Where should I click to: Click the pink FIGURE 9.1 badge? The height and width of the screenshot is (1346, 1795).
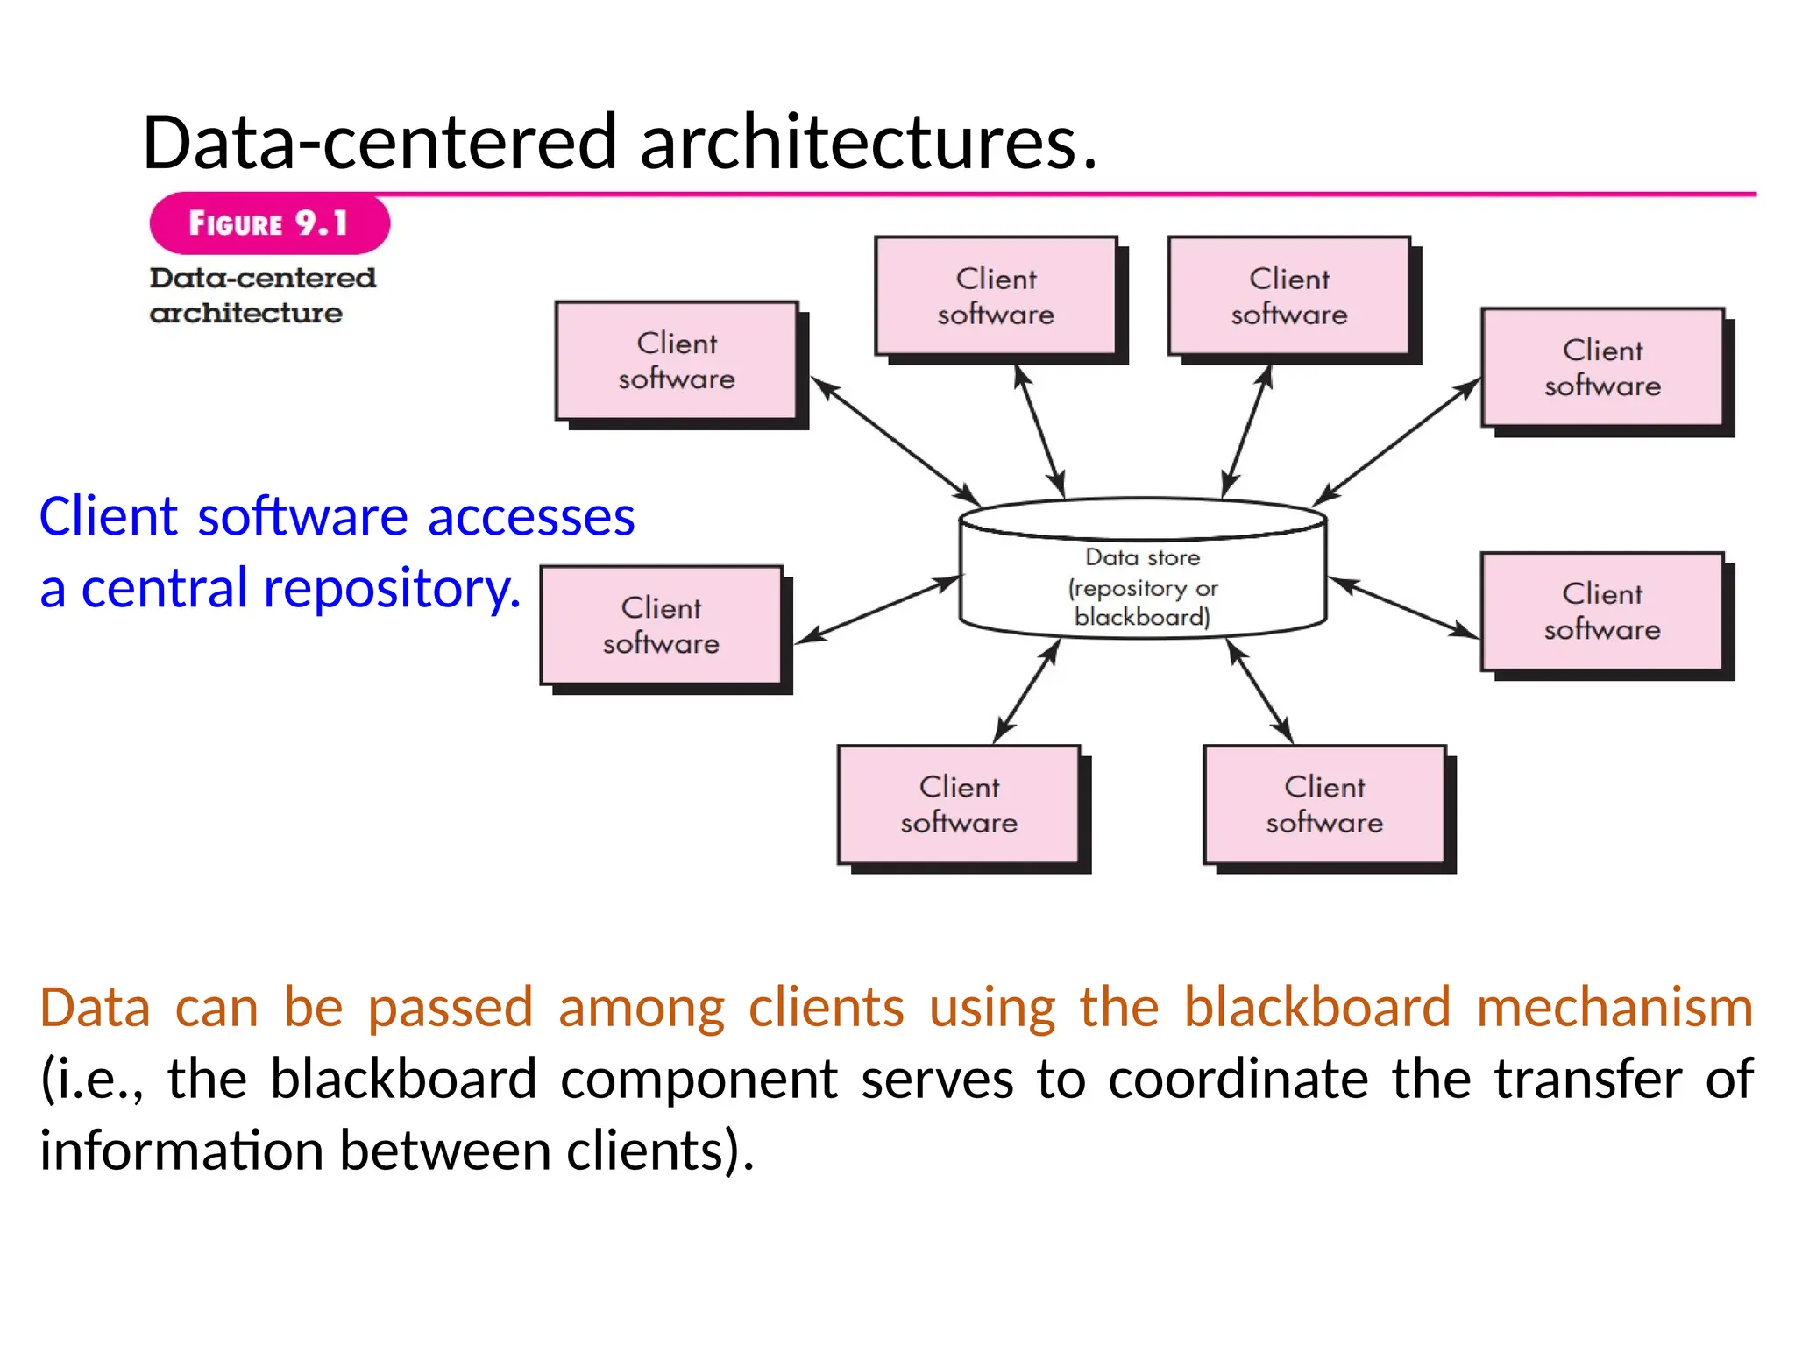(269, 223)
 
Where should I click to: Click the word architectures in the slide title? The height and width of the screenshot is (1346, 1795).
(868, 143)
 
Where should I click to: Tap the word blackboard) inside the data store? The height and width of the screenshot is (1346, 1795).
(1142, 617)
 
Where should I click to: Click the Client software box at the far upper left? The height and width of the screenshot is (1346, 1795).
(677, 361)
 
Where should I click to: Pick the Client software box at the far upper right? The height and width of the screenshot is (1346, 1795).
(1602, 368)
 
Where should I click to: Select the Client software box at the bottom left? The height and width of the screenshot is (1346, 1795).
(959, 804)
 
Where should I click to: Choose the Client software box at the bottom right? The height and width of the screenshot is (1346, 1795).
(1324, 804)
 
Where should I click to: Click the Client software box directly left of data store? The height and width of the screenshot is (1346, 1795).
(661, 626)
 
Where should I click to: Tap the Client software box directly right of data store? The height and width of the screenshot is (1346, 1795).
(1602, 612)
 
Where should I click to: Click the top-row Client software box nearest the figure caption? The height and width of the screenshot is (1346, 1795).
(996, 296)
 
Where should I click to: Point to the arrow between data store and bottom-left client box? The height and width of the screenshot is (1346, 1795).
(1027, 691)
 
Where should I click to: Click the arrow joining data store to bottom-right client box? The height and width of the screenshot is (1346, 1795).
(1259, 691)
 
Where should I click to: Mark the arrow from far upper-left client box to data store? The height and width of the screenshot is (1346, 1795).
(896, 442)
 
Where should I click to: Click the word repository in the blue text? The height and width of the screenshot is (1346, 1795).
(388, 588)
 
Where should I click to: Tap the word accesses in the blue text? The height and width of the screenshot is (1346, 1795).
(531, 517)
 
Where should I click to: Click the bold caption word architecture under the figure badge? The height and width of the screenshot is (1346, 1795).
(245, 313)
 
